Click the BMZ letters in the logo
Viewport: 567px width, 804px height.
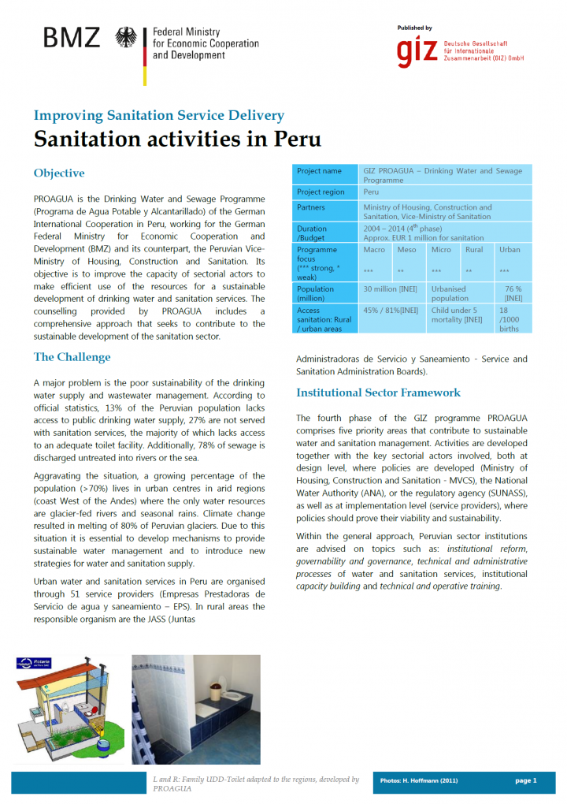click(x=72, y=38)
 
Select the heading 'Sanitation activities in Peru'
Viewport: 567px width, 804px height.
click(x=166, y=140)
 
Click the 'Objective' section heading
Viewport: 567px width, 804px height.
click(x=59, y=173)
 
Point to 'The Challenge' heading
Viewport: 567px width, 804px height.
click(x=72, y=357)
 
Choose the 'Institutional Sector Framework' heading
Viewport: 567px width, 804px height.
click(x=378, y=393)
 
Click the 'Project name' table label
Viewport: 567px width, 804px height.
click(x=319, y=171)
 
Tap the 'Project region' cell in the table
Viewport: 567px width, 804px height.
click(x=321, y=192)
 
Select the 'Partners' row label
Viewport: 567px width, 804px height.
click(x=311, y=207)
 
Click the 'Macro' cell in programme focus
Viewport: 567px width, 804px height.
click(x=374, y=250)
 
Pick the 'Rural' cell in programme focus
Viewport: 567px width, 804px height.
click(x=474, y=250)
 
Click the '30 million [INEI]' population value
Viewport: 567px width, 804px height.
click(x=390, y=289)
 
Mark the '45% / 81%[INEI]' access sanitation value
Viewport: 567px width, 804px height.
click(x=390, y=311)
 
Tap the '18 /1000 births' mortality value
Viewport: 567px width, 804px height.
click(x=510, y=319)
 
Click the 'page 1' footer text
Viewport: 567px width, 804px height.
click(x=525, y=780)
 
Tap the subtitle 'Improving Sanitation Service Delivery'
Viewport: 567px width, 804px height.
click(x=158, y=116)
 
